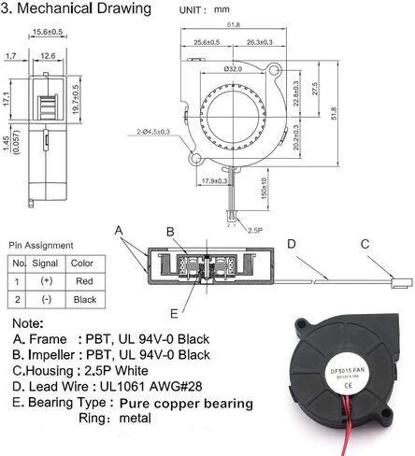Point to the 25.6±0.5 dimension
[207, 42]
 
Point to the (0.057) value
[12, 148]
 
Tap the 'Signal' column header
[44, 264]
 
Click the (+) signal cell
[44, 280]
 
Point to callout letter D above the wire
[292, 244]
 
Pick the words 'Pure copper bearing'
[187, 404]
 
